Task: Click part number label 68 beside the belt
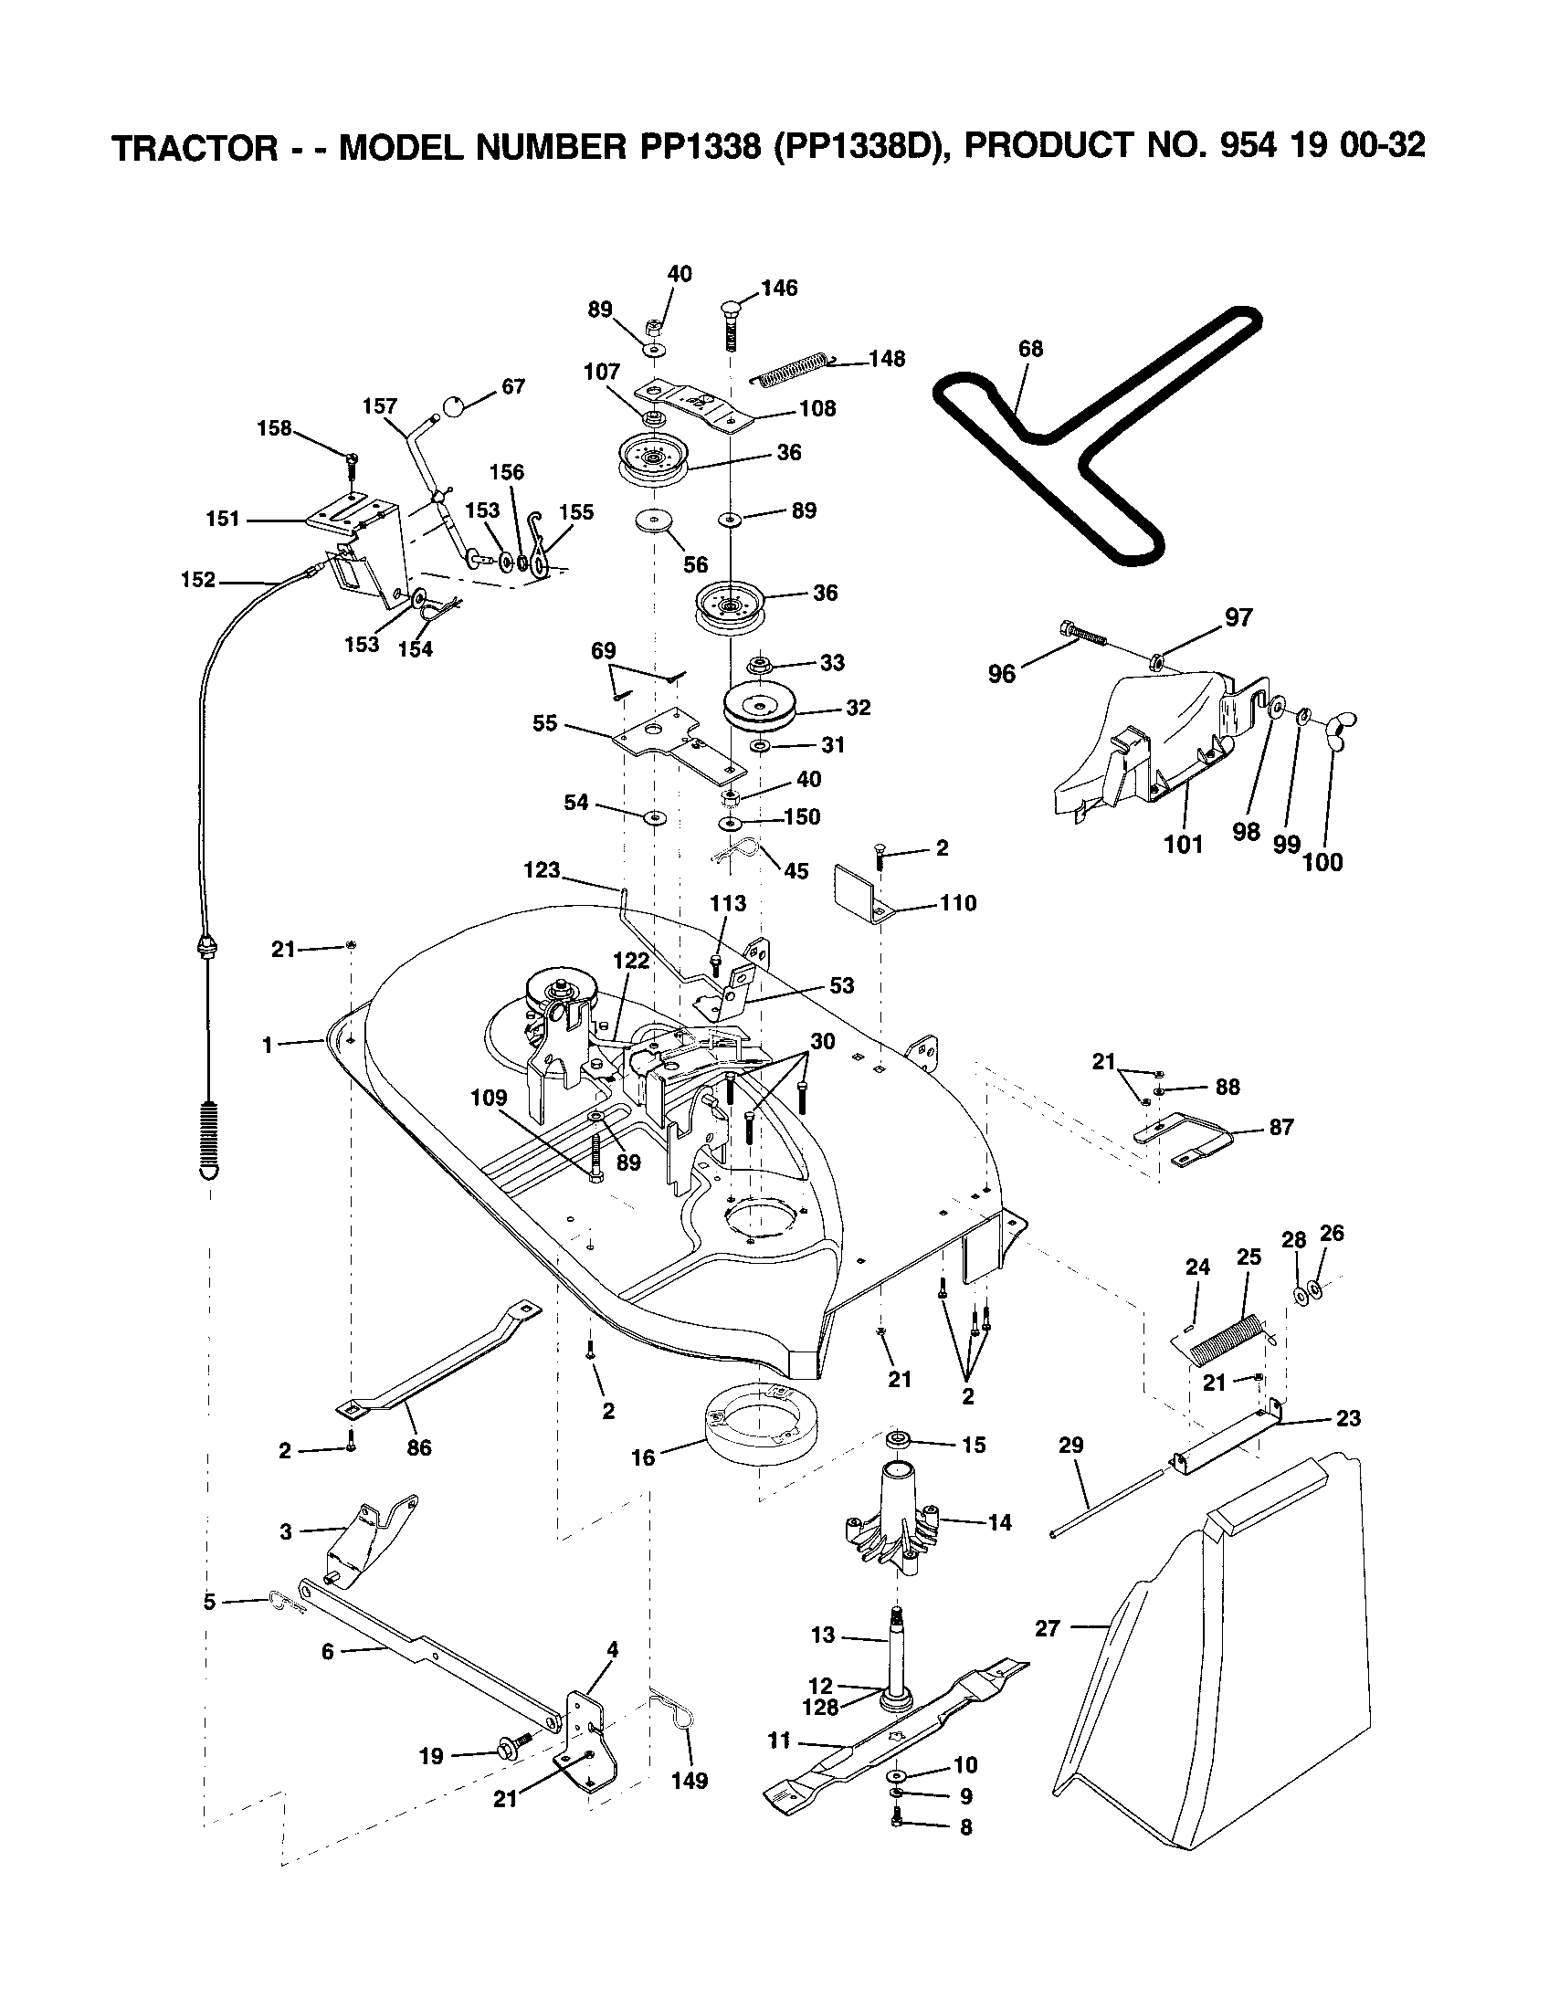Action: coord(1031,349)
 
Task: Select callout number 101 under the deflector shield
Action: coord(1183,844)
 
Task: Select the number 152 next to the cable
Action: coord(199,580)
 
